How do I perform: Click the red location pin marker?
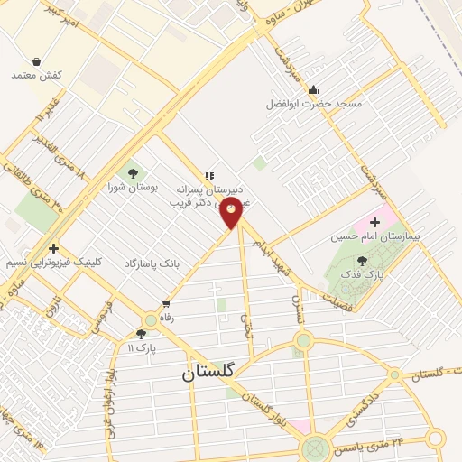[x=232, y=211]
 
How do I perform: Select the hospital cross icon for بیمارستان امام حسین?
[x=374, y=222]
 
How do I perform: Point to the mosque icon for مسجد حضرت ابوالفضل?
[x=313, y=89]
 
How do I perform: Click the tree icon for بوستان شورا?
[x=134, y=172]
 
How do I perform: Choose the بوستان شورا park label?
[x=133, y=187]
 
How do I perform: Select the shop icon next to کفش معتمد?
[x=35, y=61]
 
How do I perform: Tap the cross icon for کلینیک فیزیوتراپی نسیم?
[x=54, y=248]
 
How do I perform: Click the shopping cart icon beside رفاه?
[x=165, y=303]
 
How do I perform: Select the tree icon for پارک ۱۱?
[x=141, y=334]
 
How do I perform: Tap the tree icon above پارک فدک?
[x=362, y=261]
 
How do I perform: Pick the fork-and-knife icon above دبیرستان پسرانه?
[x=209, y=177]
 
